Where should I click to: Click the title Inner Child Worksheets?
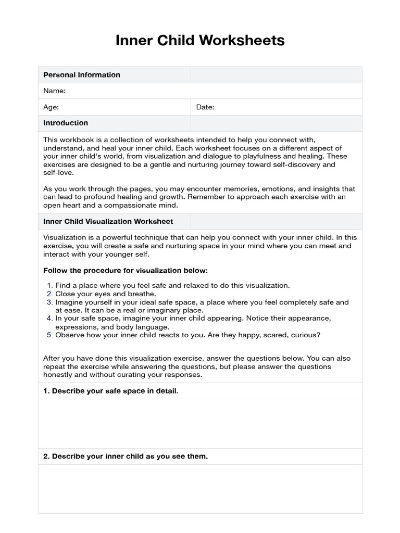pos(200,40)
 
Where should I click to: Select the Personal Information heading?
pos(81,75)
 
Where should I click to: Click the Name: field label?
pos(54,91)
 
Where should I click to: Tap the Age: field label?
pos(51,107)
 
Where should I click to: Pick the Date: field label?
pos(205,107)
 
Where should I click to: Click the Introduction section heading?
pos(66,123)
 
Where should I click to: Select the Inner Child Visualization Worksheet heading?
pos(108,222)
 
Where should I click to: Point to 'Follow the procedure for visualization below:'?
pos(125,271)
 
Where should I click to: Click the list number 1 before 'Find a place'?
pos(50,286)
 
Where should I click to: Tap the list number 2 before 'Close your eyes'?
pos(50,294)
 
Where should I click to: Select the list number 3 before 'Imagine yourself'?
pos(50,302)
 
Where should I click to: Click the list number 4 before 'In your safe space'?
pos(50,318)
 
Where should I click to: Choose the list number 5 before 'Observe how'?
pos(50,335)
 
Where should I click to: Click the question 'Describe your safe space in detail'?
pos(110,391)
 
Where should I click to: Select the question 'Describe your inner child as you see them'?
pos(125,456)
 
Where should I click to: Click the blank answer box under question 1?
pos(200,424)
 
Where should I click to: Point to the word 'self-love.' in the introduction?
pos(58,173)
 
